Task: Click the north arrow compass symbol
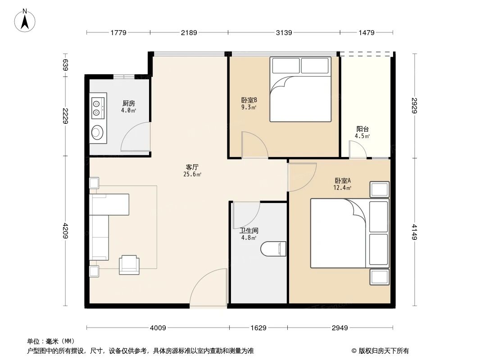point(26,20)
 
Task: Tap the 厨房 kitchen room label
point(128,103)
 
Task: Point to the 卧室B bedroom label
point(249,100)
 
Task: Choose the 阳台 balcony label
point(362,129)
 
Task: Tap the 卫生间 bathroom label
point(249,230)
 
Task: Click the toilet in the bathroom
point(274,248)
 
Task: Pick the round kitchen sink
point(97,132)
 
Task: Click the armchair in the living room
point(129,264)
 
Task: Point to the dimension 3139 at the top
point(284,32)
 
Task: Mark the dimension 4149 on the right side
point(414,231)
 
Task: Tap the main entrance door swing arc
point(208,288)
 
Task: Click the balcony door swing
point(358,149)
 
